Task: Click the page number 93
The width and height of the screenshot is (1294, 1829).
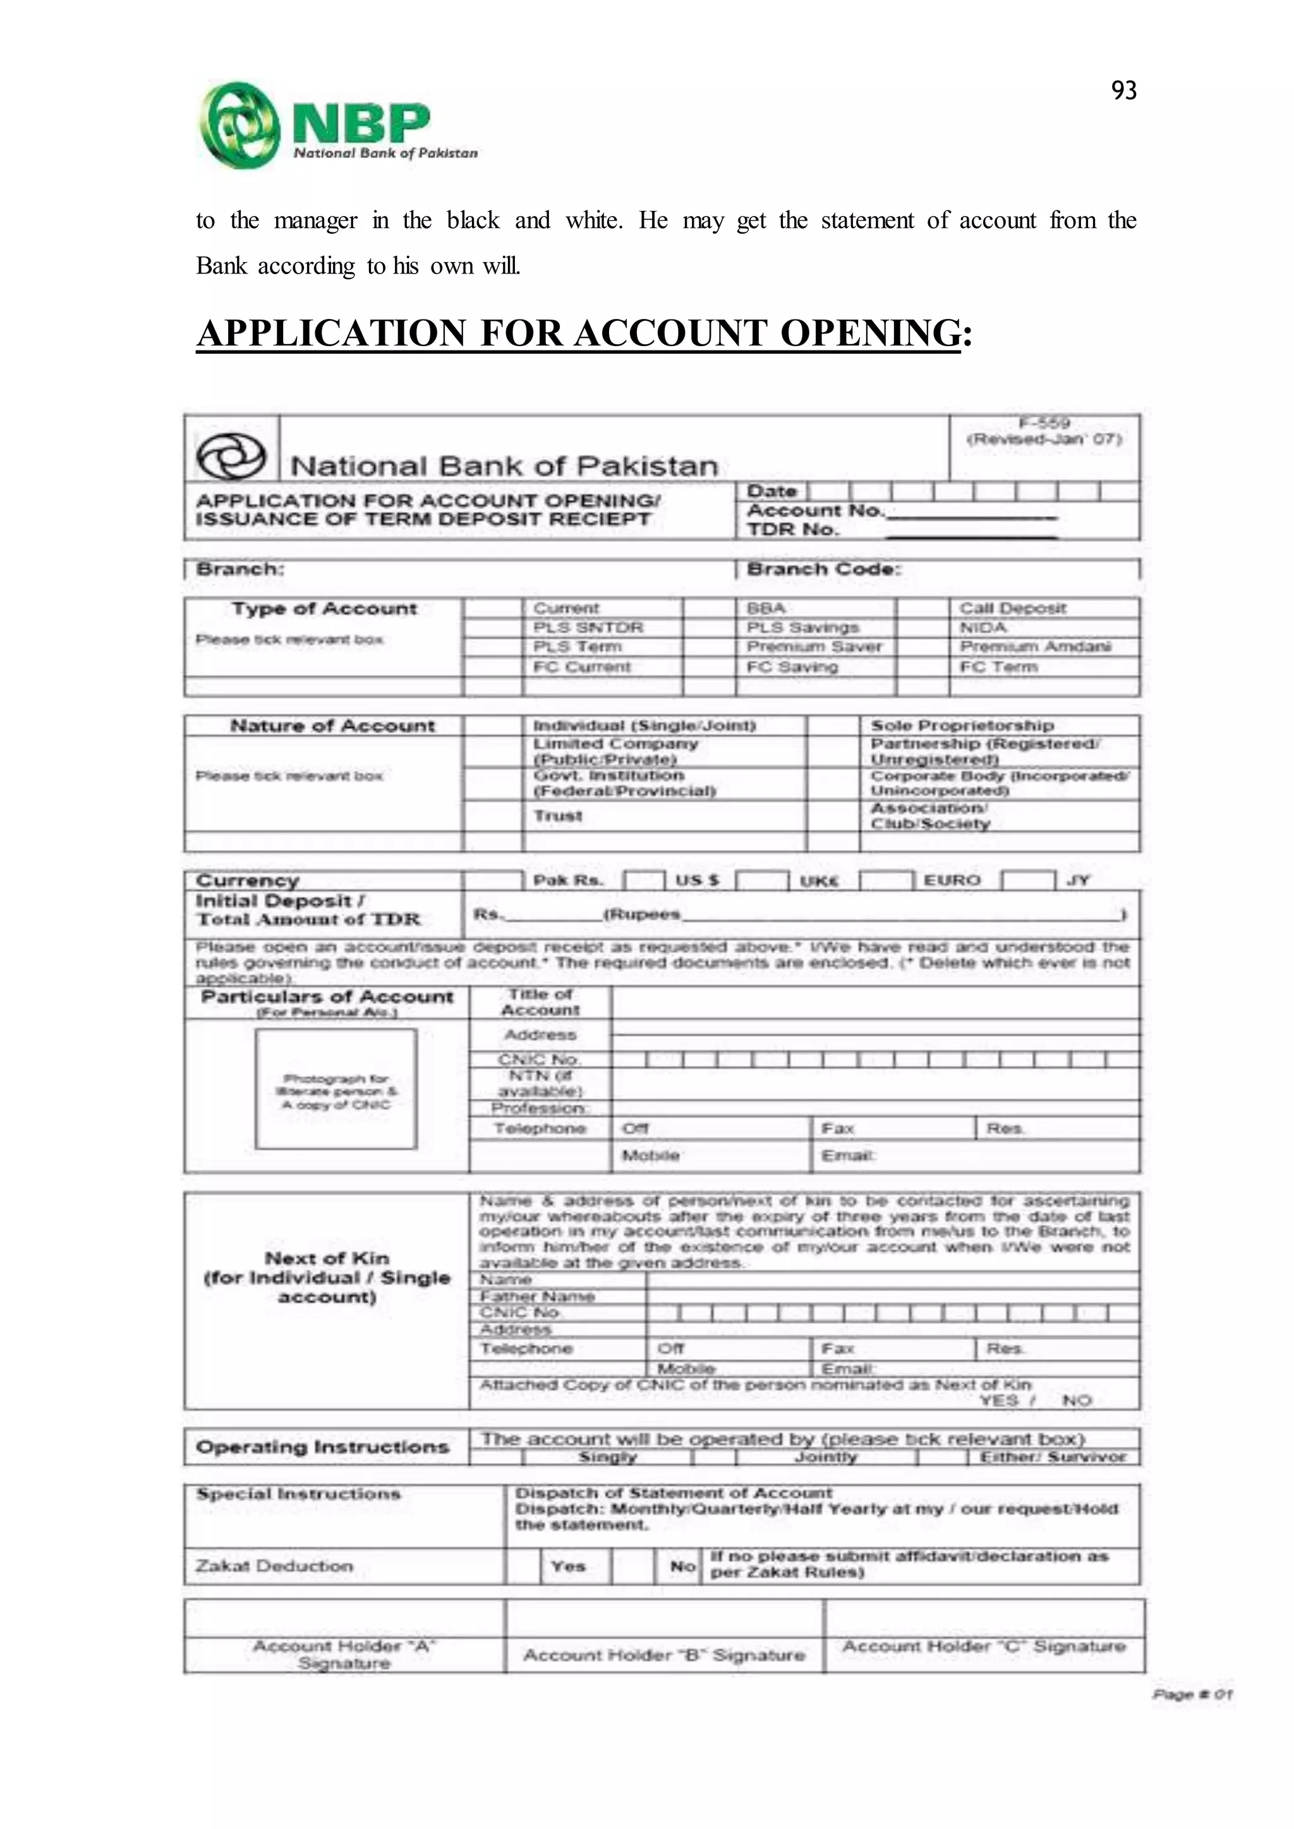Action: point(1123,91)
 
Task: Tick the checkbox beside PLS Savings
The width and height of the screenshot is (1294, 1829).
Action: point(709,628)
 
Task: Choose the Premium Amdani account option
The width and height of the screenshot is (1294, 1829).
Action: point(1034,647)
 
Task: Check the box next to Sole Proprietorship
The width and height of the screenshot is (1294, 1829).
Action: point(833,726)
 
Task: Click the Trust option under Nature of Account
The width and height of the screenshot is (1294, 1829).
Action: point(558,816)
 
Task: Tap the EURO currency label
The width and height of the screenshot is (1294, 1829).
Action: point(952,880)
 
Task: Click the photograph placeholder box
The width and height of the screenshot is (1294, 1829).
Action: point(336,1088)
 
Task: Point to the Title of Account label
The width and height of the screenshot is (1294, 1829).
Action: point(540,1002)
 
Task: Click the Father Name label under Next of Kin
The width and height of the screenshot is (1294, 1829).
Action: point(537,1296)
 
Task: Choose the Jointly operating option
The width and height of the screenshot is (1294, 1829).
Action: point(825,1457)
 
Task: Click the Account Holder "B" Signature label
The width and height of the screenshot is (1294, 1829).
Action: point(663,1655)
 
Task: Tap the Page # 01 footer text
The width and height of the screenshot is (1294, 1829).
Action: point(1191,1694)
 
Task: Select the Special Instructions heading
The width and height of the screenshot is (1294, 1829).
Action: point(298,1494)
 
